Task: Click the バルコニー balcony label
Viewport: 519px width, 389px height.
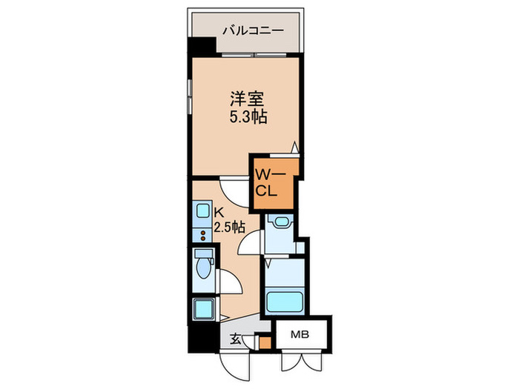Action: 252,32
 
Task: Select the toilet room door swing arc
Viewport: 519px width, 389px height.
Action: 231,281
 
